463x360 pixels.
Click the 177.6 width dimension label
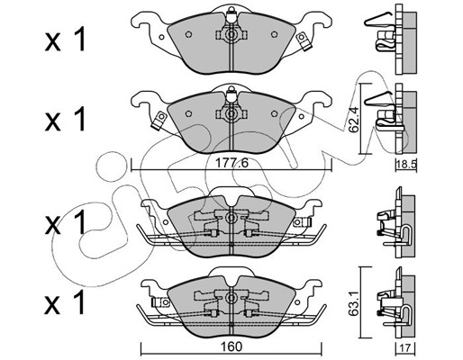pyautogui.click(x=232, y=164)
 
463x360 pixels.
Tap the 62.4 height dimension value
pyautogui.click(x=354, y=120)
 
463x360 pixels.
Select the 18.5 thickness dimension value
pyautogui.click(x=406, y=165)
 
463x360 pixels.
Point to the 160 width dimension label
pyautogui.click(x=231, y=346)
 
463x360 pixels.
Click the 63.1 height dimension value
pyautogui.click(x=354, y=303)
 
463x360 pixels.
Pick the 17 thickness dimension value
pyautogui.click(x=405, y=347)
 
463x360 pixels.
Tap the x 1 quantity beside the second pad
pyautogui.click(x=65, y=120)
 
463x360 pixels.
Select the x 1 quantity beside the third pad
pyautogui.click(x=65, y=222)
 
